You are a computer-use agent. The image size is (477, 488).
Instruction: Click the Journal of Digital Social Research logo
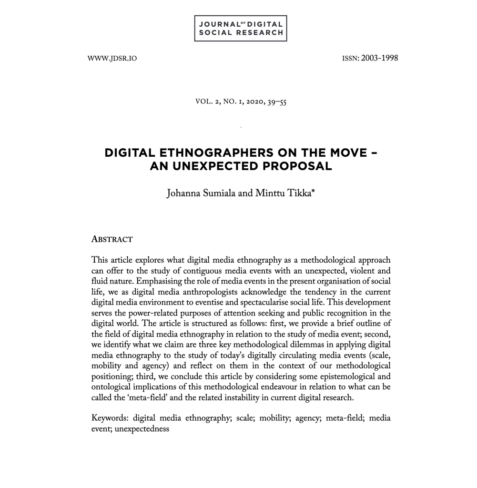pyautogui.click(x=241, y=28)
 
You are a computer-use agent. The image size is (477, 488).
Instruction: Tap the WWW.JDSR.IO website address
pyautogui.click(x=112, y=59)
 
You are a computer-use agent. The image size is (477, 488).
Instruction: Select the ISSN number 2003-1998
pyautogui.click(x=379, y=58)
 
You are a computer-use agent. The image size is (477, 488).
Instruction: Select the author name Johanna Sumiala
pyautogui.click(x=201, y=194)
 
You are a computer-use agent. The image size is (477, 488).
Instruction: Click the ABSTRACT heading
pyautogui.click(x=112, y=239)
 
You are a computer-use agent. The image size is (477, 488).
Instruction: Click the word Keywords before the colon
pyautogui.click(x=109, y=418)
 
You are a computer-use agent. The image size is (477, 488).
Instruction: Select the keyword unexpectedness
pyautogui.click(x=142, y=428)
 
